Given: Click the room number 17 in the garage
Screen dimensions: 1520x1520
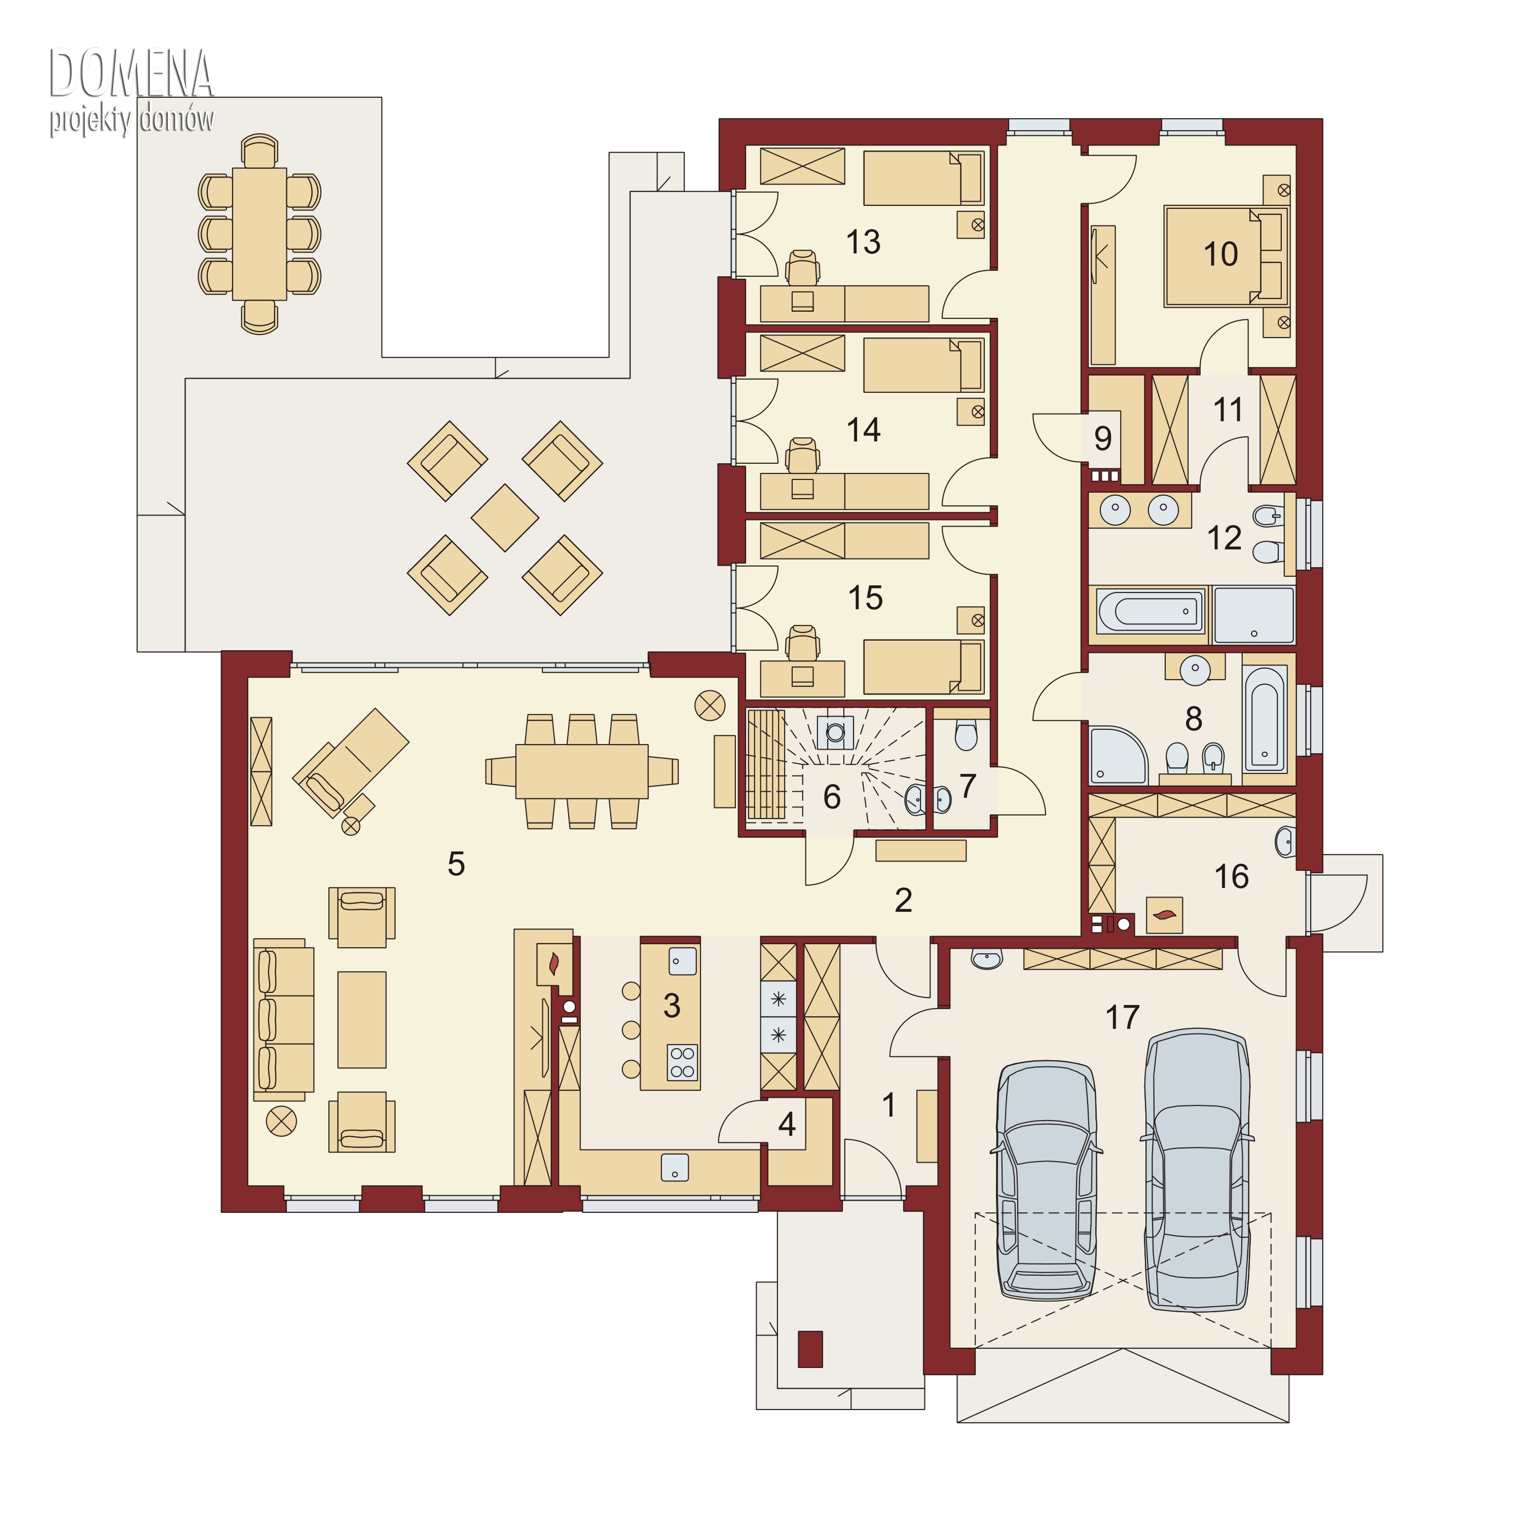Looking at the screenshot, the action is (1122, 1017).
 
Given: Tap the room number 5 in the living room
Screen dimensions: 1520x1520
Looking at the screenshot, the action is (456, 864).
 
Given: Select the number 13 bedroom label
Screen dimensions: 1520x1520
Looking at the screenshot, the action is (863, 242).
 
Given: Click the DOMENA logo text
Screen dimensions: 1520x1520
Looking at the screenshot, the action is (131, 73).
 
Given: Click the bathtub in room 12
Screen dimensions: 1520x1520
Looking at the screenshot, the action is (1150, 611).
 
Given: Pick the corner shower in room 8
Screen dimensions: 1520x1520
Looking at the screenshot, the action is (1118, 755).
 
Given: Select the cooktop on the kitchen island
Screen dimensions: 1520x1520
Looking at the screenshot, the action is (682, 1062).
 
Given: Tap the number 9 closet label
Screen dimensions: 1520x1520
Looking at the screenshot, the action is (1103, 438).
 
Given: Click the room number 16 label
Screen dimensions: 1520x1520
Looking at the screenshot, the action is (1231, 876).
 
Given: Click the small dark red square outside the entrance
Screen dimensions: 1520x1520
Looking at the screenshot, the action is (810, 1349).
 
